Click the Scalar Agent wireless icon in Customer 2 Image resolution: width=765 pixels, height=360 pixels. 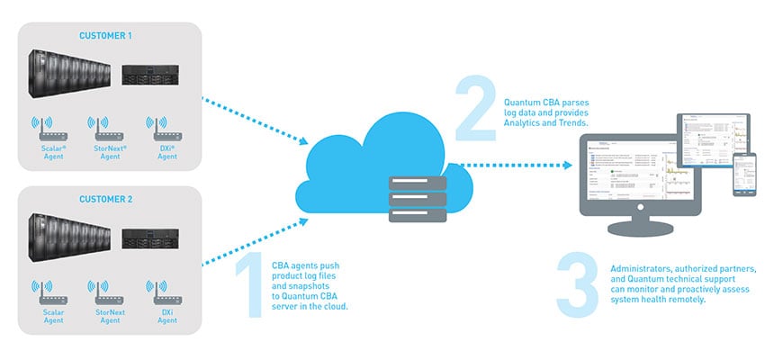coord(52,291)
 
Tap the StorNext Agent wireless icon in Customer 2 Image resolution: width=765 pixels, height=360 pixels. coord(110,291)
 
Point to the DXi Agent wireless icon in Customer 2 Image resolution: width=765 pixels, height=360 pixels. coord(166,291)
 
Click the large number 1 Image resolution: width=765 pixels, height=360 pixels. coord(247,287)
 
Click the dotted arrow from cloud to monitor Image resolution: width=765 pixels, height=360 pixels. coord(513,166)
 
